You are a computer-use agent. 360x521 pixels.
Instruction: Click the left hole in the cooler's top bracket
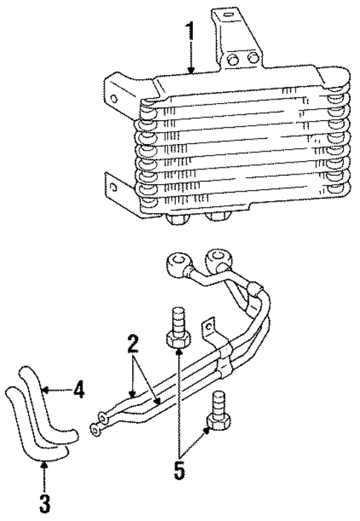click(x=232, y=59)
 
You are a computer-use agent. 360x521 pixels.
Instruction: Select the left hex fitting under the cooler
click(x=178, y=218)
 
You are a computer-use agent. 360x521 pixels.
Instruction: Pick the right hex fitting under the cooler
click(x=217, y=217)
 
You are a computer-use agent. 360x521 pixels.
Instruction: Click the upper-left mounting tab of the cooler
click(x=117, y=96)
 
